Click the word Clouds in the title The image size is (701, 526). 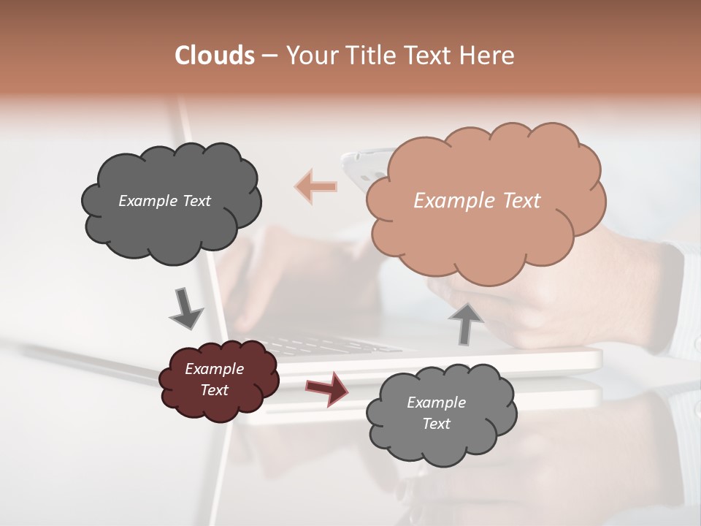215,56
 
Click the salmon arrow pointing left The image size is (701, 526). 316,186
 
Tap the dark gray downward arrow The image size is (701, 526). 185,309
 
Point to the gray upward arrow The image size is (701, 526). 465,323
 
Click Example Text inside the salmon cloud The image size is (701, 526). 477,200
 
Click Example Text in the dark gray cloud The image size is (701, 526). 164,200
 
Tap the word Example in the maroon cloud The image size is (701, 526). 214,369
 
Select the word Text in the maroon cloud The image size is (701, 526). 214,390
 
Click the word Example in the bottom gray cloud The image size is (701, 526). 436,403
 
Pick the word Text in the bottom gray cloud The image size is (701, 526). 436,424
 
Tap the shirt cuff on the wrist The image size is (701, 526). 675,292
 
